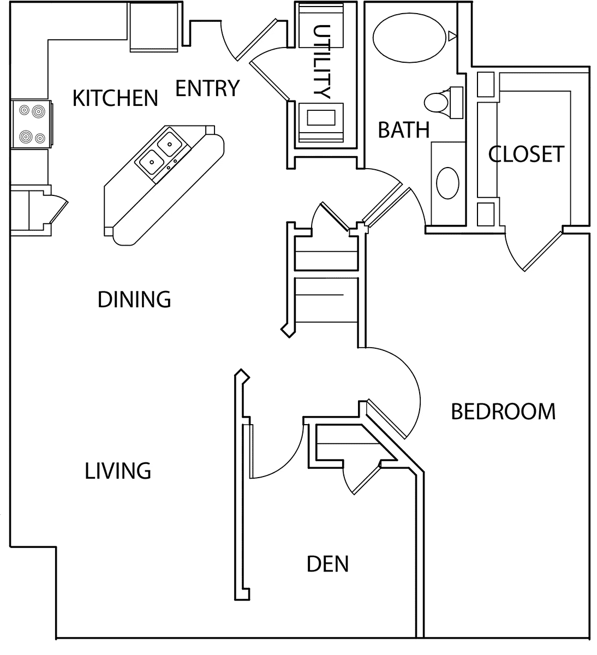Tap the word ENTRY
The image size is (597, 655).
[208, 88]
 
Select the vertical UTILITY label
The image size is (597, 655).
[321, 62]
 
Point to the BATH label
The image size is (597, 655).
[404, 130]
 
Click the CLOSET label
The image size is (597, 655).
[526, 154]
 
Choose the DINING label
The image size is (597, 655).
[134, 300]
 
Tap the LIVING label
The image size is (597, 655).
[118, 471]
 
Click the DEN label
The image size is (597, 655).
[328, 564]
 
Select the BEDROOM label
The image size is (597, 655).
[503, 412]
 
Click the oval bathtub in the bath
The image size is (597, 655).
[409, 38]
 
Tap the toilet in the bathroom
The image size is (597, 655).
[444, 102]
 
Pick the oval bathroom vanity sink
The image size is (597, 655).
[447, 183]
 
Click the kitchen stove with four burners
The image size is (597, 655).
[32, 124]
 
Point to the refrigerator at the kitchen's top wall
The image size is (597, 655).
[154, 27]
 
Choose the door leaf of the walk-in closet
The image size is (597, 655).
[543, 252]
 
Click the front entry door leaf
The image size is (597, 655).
[257, 40]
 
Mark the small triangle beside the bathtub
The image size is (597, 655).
[452, 36]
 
